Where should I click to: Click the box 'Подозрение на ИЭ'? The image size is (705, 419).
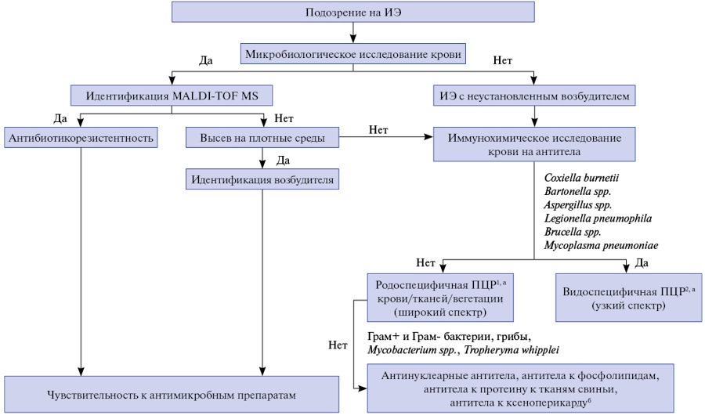pos(353,12)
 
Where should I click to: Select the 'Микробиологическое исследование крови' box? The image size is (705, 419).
pos(353,54)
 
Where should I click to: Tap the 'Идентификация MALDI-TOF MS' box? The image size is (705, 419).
pos(172,96)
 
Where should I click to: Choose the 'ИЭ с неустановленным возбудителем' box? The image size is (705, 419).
pos(534,96)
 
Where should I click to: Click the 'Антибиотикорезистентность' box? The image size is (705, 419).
pos(81,138)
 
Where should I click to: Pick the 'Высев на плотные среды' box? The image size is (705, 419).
pos(262,138)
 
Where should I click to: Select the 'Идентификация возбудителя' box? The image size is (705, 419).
pos(262,179)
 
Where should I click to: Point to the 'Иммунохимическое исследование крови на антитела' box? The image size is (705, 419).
pos(534,144)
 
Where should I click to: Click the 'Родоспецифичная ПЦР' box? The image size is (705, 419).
pos(440,298)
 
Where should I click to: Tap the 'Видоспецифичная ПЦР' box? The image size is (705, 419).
pos(628,298)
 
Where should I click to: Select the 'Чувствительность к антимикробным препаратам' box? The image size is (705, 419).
pos(172,395)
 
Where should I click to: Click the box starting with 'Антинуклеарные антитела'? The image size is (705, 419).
pos(520,388)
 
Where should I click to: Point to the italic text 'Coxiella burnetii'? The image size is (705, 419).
pos(581,178)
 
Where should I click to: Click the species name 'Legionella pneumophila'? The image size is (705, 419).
pos(598,219)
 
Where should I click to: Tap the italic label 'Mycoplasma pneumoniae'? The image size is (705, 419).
pos(601,245)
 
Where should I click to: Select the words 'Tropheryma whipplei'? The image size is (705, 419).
pos(512,350)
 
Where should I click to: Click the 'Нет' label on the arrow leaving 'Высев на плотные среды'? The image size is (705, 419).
pos(378,130)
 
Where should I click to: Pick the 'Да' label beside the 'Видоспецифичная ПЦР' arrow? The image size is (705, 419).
pos(642,263)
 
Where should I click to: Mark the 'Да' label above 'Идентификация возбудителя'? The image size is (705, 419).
pos(283,161)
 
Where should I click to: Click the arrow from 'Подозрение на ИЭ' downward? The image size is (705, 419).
pos(353,33)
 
